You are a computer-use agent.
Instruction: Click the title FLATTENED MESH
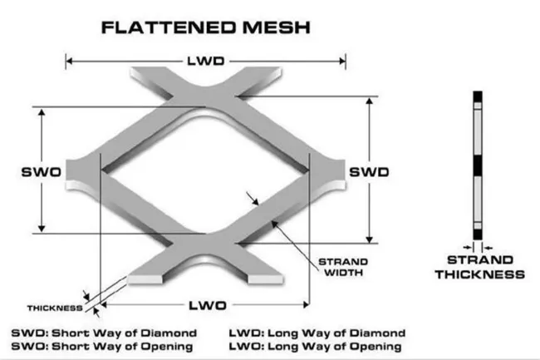[205, 27]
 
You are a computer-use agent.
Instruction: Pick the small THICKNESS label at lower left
[55, 308]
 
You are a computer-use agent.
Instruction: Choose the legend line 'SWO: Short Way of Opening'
[104, 346]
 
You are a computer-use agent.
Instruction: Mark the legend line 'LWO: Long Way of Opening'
[317, 346]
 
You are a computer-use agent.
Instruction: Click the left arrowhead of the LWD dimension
[69, 61]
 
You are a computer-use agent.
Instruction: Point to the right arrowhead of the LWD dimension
[343, 61]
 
